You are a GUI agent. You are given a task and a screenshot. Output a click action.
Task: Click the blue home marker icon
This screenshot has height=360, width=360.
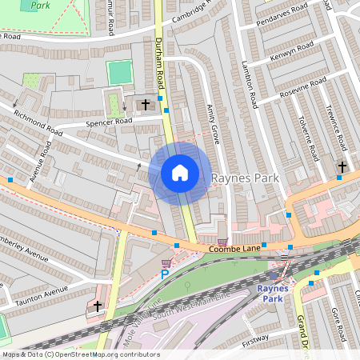tap(180, 172)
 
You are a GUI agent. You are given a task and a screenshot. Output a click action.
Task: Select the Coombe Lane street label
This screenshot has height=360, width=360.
tap(235, 250)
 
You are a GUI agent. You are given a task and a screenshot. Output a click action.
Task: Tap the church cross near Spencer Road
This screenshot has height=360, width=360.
tap(146, 104)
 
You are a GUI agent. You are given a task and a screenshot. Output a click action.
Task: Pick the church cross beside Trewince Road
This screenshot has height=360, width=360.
tap(342, 166)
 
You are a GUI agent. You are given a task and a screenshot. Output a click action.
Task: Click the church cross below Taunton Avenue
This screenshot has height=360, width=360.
tap(98, 306)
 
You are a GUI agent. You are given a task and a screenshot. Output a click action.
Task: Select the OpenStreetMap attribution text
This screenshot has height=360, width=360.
tap(80, 354)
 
